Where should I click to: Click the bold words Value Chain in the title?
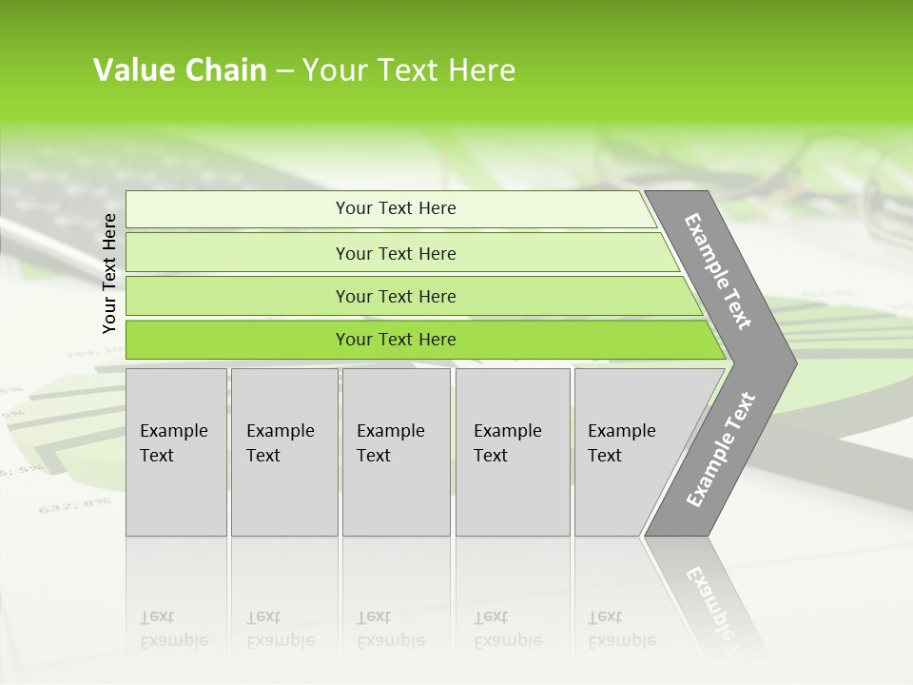point(180,70)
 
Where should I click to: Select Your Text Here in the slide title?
point(409,70)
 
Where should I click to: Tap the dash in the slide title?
point(284,71)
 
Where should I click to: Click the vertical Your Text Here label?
point(109,273)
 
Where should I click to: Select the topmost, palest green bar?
point(395,208)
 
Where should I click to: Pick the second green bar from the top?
point(395,253)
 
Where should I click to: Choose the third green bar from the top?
point(395,296)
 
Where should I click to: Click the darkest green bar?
point(395,340)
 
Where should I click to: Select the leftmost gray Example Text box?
point(176,451)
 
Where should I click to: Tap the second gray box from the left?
point(283,451)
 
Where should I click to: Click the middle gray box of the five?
point(396,451)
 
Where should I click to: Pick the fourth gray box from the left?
point(512,451)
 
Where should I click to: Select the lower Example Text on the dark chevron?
point(721,449)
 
